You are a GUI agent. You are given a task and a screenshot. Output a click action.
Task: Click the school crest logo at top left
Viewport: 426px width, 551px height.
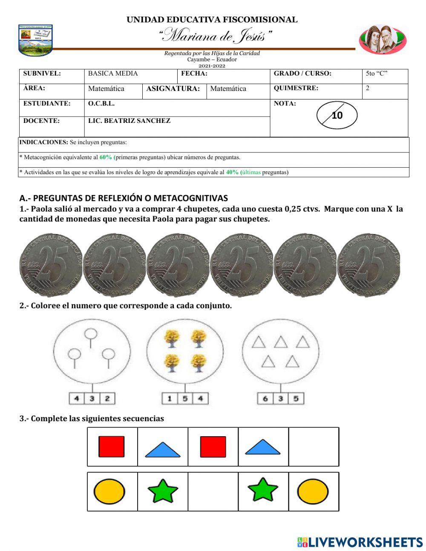(35, 40)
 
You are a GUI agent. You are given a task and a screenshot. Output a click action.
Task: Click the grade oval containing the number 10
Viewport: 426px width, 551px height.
(337, 115)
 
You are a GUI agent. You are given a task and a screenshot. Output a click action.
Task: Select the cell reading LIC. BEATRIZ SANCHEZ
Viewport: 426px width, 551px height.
(129, 121)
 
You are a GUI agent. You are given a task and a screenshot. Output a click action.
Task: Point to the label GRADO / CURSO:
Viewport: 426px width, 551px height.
(302, 73)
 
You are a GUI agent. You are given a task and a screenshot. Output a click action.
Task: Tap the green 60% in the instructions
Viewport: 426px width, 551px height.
(106, 157)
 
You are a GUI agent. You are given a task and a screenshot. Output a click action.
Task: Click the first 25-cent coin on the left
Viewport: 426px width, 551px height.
(51, 265)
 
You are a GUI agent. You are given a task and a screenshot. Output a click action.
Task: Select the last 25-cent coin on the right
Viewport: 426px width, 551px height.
(369, 265)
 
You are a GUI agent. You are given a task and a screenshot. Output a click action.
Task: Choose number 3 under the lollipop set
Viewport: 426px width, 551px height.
(92, 399)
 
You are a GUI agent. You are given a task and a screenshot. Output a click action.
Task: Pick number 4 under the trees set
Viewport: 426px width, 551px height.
(200, 399)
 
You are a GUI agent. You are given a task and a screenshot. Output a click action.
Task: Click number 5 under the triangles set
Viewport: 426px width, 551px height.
(296, 399)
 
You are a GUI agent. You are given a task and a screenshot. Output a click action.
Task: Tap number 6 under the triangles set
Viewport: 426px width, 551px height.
(265, 399)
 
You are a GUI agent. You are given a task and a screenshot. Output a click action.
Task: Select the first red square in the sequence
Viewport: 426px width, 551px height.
(112, 446)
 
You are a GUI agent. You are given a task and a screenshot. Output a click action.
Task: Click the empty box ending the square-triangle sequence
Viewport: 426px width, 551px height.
(314, 446)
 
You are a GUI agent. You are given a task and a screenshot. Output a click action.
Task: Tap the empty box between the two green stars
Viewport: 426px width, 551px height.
(213, 491)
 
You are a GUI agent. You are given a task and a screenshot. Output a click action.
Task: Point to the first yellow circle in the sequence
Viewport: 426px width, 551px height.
(109, 491)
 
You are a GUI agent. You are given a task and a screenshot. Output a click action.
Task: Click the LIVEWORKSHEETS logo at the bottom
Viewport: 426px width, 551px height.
(360, 542)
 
